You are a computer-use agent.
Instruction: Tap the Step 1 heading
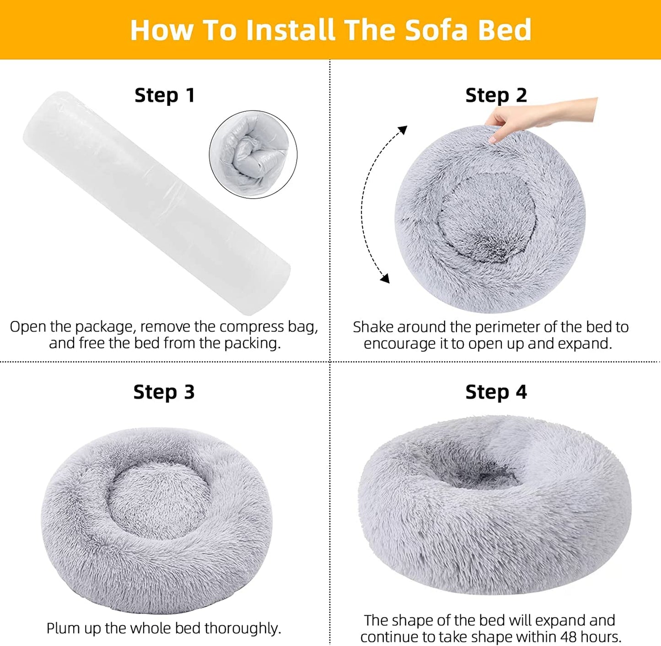coord(165,95)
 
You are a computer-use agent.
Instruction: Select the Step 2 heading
coord(496,95)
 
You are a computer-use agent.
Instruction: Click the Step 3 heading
coord(164,392)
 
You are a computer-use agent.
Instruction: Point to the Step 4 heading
coord(496,392)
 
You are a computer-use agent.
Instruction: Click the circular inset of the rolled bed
coord(253,154)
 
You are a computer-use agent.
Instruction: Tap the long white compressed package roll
coord(156,201)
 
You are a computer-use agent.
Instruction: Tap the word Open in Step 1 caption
coord(27,327)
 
